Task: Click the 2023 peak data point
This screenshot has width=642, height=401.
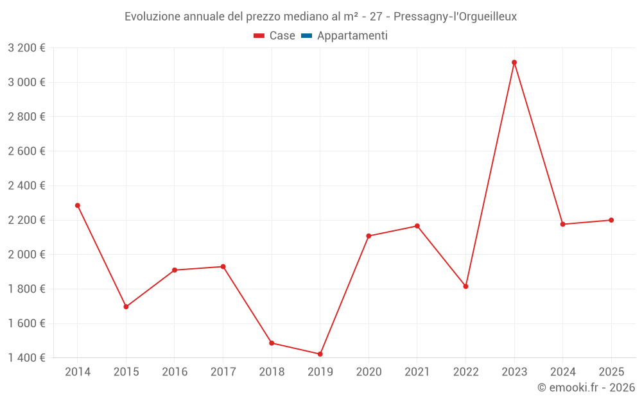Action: click(514, 62)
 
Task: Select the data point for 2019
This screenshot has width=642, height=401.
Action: click(320, 354)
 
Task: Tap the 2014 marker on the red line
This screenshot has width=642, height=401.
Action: click(78, 205)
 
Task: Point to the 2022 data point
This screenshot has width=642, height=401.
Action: click(465, 286)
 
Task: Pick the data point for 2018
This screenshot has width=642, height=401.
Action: click(272, 343)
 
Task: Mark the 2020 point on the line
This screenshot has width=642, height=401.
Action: click(369, 236)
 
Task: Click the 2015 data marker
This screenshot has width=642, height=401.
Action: click(126, 307)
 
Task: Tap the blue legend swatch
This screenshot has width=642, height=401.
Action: click(306, 36)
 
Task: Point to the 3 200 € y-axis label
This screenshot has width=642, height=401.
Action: click(26, 47)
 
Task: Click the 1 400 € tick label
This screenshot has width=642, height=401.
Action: click(26, 358)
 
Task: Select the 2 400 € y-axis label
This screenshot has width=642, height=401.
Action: click(26, 185)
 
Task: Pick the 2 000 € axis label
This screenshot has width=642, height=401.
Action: click(26, 255)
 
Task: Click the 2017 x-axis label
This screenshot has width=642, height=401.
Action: click(223, 372)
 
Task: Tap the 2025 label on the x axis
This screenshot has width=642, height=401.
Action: click(611, 372)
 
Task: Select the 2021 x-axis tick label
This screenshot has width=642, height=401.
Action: click(417, 372)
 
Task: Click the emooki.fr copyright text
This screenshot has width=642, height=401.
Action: click(586, 388)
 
